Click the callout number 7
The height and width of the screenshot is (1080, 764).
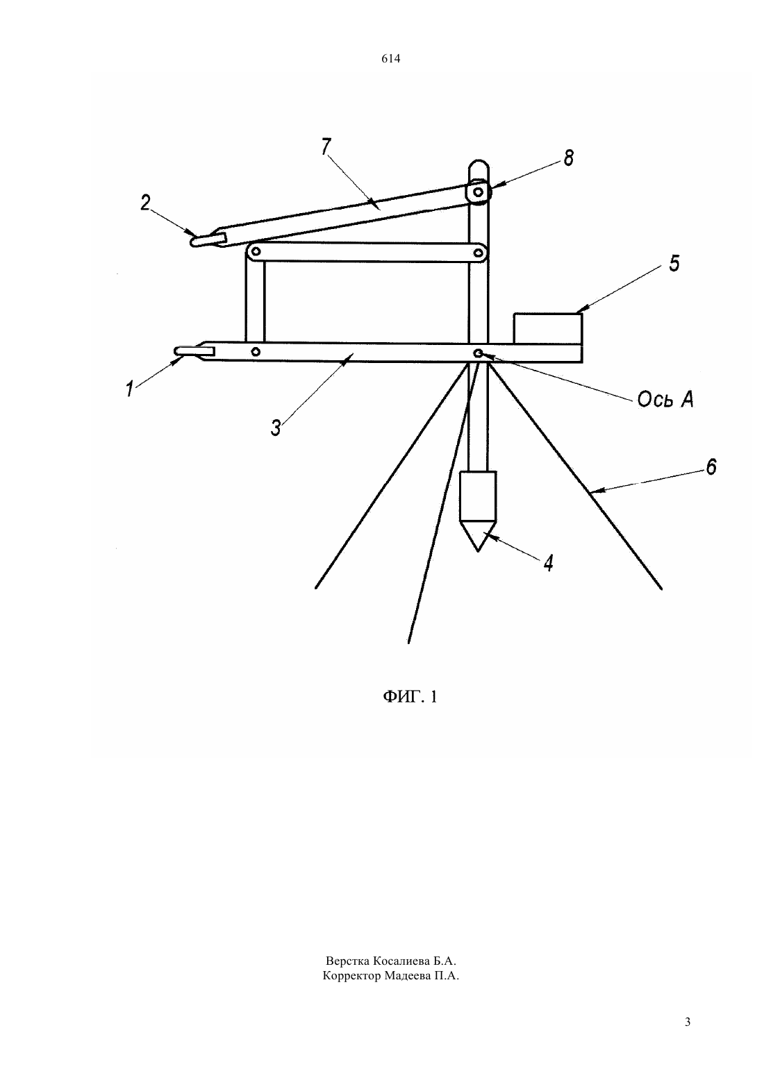tap(326, 146)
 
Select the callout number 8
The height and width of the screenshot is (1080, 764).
tap(569, 158)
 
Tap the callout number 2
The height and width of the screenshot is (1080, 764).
tap(146, 203)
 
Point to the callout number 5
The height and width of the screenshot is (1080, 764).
tap(674, 264)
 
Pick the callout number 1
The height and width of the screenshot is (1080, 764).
tap(130, 389)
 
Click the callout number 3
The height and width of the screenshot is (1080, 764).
tap(276, 428)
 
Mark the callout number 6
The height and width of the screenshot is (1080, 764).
tap(711, 466)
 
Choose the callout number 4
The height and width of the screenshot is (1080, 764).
tap(549, 563)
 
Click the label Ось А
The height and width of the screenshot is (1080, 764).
tap(665, 399)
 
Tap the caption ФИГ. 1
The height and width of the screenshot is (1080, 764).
tap(410, 697)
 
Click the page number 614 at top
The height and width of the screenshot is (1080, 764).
tap(390, 58)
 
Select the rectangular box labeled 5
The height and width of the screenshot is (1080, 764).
tap(548, 328)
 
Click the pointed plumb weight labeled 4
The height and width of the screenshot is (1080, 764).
tap(478, 511)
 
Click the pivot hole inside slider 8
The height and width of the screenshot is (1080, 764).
tap(478, 192)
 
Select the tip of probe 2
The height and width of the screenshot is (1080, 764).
tap(192, 242)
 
